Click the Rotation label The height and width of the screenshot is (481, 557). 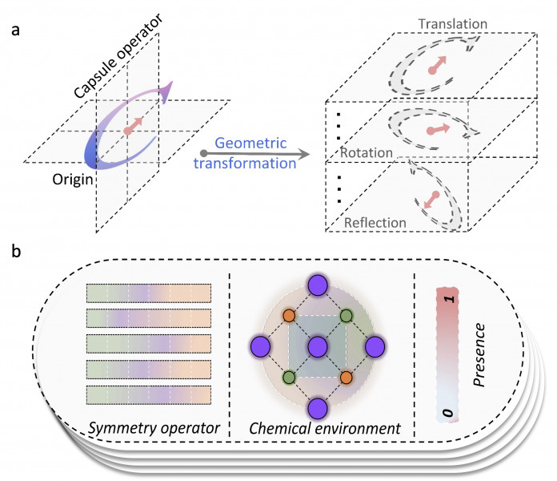click(366, 151)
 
